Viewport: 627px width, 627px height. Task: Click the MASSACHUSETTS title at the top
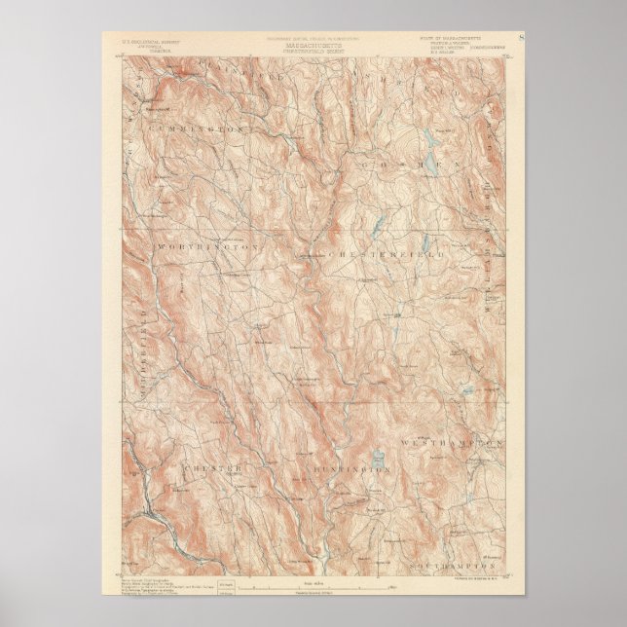click(x=313, y=45)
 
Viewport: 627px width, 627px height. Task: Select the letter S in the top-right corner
click(x=523, y=38)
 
